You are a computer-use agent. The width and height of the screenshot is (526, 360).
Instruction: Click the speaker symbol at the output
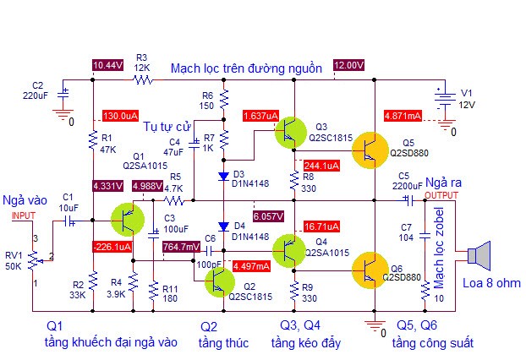click(479, 256)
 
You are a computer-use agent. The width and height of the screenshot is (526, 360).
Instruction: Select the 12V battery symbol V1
click(445, 100)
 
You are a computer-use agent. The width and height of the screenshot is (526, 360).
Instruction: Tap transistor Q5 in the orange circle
click(370, 150)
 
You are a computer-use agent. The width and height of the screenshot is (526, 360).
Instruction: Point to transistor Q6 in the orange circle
click(370, 270)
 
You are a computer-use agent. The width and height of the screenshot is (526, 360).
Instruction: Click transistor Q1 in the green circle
click(128, 220)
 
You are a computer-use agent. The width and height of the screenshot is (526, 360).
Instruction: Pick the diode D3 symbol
click(223, 176)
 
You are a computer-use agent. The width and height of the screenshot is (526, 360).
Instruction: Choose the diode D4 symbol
click(223, 226)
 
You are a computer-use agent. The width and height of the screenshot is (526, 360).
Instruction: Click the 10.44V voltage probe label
click(107, 65)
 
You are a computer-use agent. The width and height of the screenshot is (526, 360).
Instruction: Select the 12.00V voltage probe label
click(349, 65)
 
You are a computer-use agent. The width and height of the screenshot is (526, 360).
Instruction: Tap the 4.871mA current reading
click(403, 116)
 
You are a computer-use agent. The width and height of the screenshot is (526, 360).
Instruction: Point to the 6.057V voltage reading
click(268, 216)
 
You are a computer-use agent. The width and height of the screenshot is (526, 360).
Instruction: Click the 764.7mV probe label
click(182, 247)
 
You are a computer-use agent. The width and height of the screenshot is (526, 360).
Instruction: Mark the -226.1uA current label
click(112, 247)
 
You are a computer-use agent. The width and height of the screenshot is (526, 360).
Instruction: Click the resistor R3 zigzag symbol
click(143, 80)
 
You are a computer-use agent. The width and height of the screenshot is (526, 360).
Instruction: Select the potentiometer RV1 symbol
click(33, 260)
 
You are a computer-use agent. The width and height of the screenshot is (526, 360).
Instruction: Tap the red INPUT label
click(24, 215)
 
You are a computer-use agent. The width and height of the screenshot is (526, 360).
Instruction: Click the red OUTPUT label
click(441, 195)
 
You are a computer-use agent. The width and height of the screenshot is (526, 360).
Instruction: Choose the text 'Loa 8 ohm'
click(491, 283)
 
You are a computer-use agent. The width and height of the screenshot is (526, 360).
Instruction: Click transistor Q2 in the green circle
click(220, 282)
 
